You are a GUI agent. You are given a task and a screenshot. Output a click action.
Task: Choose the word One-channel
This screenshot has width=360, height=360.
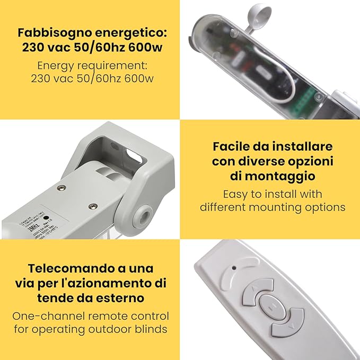tap(47, 316)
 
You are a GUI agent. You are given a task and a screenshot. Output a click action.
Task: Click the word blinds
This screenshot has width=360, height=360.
tap(151, 329)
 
